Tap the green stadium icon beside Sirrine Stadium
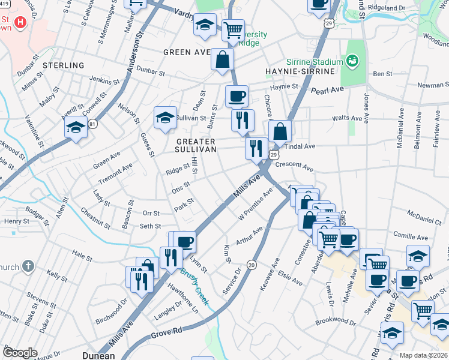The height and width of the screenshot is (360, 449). (353, 61)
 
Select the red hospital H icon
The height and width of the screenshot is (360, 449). (20, 23)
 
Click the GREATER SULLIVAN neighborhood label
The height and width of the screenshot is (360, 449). (195, 146)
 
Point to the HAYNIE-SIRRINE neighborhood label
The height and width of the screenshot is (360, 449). (299, 71)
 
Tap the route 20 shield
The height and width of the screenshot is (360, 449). (252, 265)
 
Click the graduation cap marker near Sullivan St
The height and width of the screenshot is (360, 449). (164, 117)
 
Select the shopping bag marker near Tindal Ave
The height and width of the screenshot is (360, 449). (280, 131)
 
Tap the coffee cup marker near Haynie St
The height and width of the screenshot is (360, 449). (237, 95)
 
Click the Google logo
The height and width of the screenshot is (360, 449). (19, 352)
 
